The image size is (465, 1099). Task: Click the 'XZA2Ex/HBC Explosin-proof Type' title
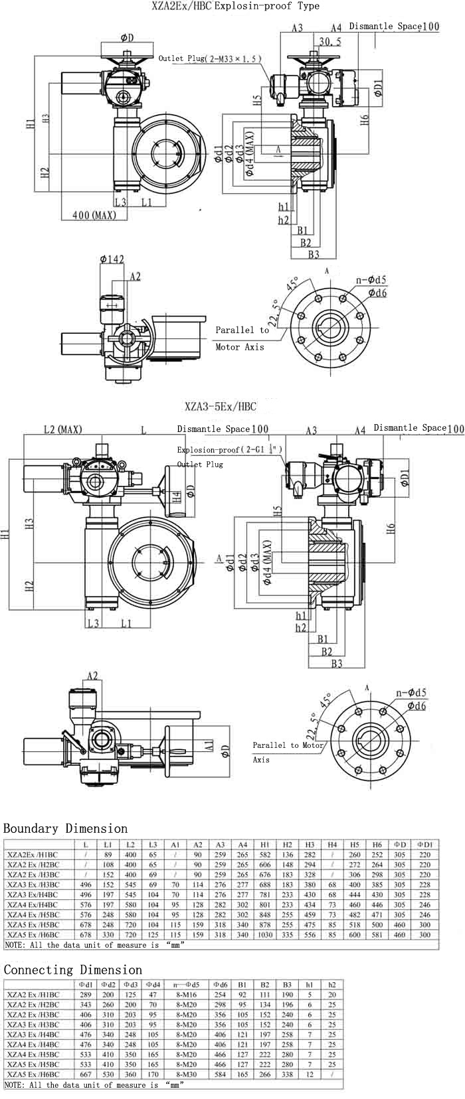pos(235,6)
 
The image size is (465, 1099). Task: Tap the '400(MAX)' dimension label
pos(92,215)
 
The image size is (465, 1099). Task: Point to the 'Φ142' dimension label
pos(112,259)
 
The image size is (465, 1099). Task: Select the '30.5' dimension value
pos(330,41)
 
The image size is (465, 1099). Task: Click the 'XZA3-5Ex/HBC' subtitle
pos(221,406)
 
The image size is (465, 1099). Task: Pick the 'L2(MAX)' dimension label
pos(62,429)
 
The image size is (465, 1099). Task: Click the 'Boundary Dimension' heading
pos(65,828)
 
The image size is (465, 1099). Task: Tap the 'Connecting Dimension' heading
pos(73,970)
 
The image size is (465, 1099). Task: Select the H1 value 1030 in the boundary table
pos(265,934)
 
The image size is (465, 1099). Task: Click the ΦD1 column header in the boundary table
pos(424,845)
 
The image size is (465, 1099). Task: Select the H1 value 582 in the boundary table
pos(265,855)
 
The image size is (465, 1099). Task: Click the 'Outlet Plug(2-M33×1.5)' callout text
pos(209,58)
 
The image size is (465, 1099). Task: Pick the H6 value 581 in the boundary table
pos(377,934)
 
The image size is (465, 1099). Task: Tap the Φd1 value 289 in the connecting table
pos(85,995)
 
